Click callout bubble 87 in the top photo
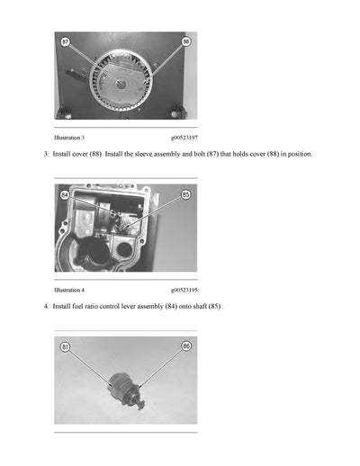(65, 41)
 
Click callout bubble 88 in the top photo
(186, 41)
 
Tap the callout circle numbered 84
(65, 194)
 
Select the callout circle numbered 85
(186, 193)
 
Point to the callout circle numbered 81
(65, 346)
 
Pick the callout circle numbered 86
(186, 346)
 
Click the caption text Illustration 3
(69, 138)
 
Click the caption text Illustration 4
(69, 290)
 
